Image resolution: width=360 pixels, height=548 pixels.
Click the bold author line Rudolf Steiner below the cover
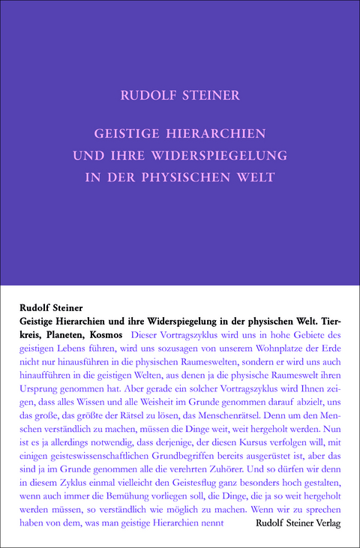50,307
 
